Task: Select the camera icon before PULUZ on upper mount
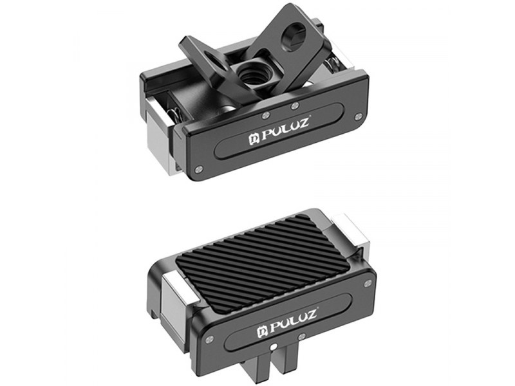pos(253,138)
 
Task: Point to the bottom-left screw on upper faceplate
pos(198,169)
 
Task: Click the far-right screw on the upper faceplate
pos(360,116)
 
